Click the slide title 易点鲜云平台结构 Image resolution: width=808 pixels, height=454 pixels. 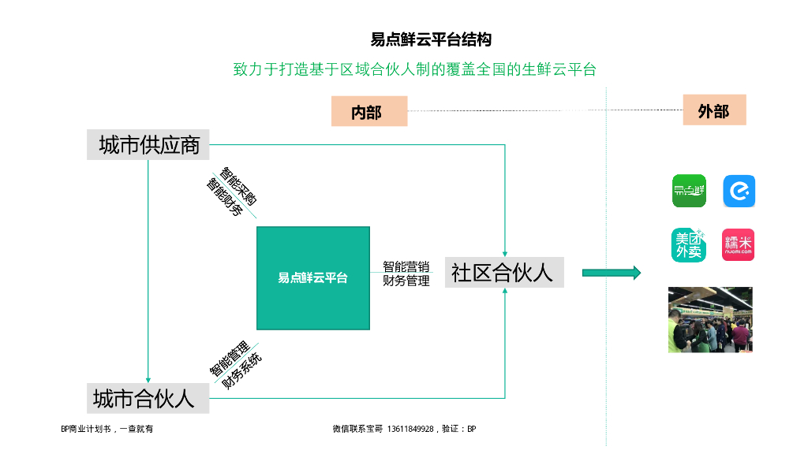pyautogui.click(x=431, y=39)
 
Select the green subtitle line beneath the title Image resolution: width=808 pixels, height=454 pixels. pyautogui.click(x=413, y=69)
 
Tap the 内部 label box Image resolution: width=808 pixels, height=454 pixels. pyautogui.click(x=368, y=112)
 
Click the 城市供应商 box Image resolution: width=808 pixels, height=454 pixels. pyautogui.click(x=149, y=145)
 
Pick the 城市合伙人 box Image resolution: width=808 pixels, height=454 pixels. pyautogui.click(x=148, y=398)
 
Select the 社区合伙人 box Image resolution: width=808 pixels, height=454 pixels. pyautogui.click(x=503, y=273)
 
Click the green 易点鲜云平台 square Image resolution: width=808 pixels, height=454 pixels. pyautogui.click(x=312, y=278)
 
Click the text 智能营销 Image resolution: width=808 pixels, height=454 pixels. pyautogui.click(x=406, y=266)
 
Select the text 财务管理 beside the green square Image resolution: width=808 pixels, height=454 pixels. pyautogui.click(x=406, y=281)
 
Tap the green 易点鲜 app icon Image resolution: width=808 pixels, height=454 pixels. pyautogui.click(x=689, y=191)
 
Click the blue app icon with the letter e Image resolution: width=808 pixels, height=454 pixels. pyautogui.click(x=739, y=191)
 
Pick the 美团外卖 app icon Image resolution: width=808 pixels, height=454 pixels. pyautogui.click(x=689, y=244)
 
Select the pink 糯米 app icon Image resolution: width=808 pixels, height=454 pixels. pyautogui.click(x=739, y=244)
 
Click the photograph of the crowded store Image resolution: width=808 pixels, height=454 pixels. pyautogui.click(x=710, y=319)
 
